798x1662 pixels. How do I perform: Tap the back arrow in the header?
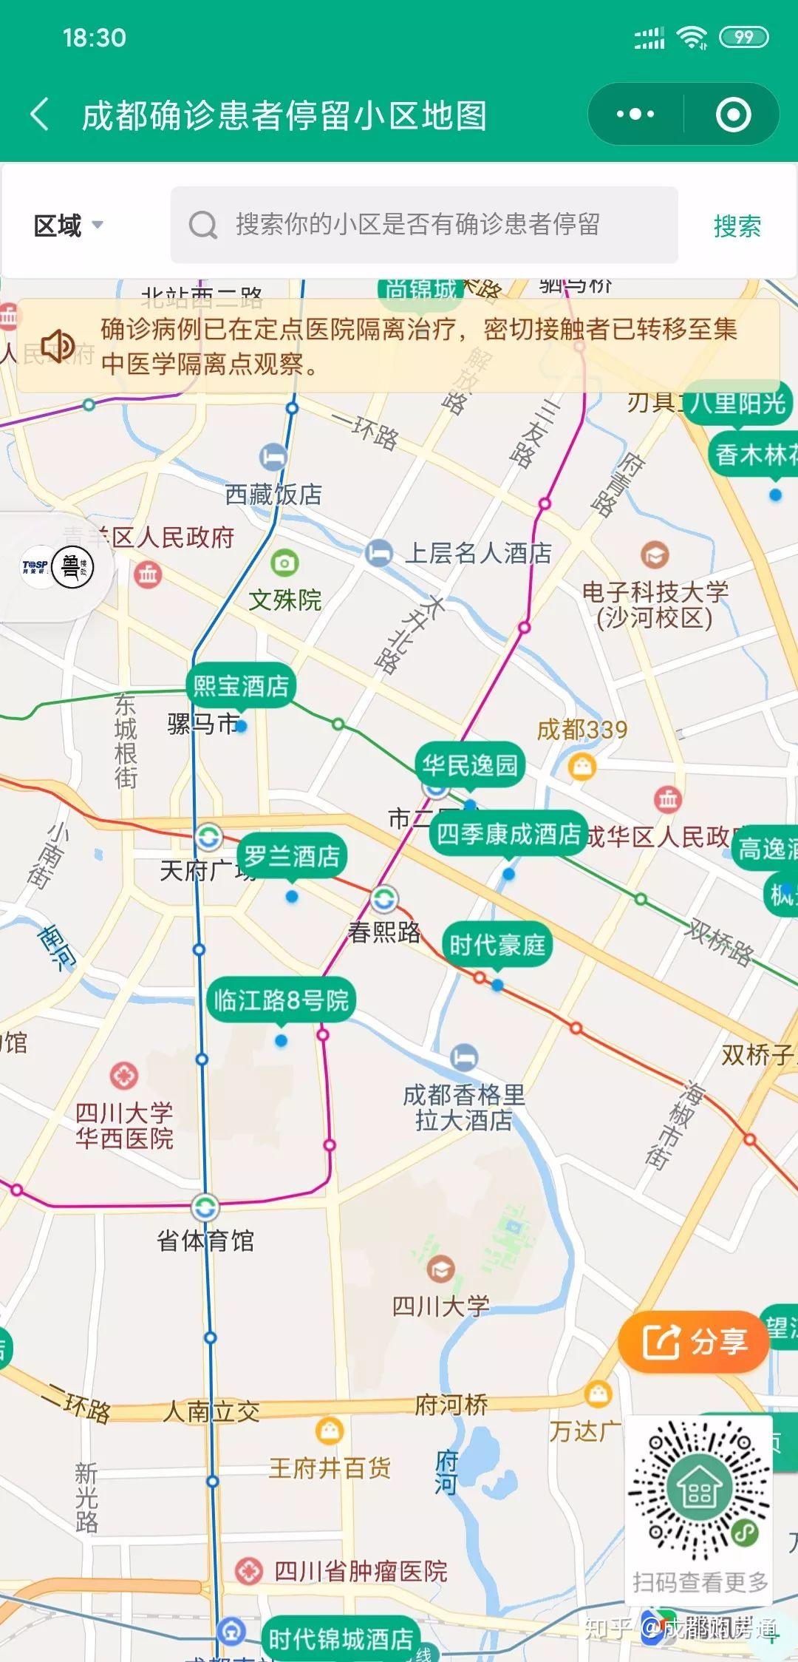click(x=41, y=115)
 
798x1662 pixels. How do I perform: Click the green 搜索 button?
click(x=737, y=225)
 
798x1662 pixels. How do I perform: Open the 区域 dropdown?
click(x=68, y=225)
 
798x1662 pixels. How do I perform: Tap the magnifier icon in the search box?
click(x=202, y=225)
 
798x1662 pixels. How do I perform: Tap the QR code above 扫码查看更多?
click(x=698, y=1488)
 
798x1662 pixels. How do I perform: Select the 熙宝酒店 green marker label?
click(x=241, y=686)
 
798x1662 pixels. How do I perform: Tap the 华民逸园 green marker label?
click(x=470, y=764)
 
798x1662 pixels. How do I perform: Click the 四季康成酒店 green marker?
click(x=508, y=834)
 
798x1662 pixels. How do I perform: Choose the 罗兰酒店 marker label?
click(x=292, y=856)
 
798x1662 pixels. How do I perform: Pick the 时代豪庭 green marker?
click(x=497, y=944)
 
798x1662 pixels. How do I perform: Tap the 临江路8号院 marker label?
click(x=281, y=1000)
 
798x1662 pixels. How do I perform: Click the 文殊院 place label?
click(x=284, y=600)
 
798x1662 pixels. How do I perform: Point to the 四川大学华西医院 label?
click(x=124, y=1125)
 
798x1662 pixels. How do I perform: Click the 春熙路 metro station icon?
click(x=383, y=899)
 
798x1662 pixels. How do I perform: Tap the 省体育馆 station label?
click(x=205, y=1240)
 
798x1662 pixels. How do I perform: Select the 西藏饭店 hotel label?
click(x=273, y=494)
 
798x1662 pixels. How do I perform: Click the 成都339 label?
click(x=582, y=730)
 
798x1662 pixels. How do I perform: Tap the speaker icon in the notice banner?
click(x=58, y=345)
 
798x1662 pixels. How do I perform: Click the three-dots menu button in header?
click(x=635, y=115)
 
